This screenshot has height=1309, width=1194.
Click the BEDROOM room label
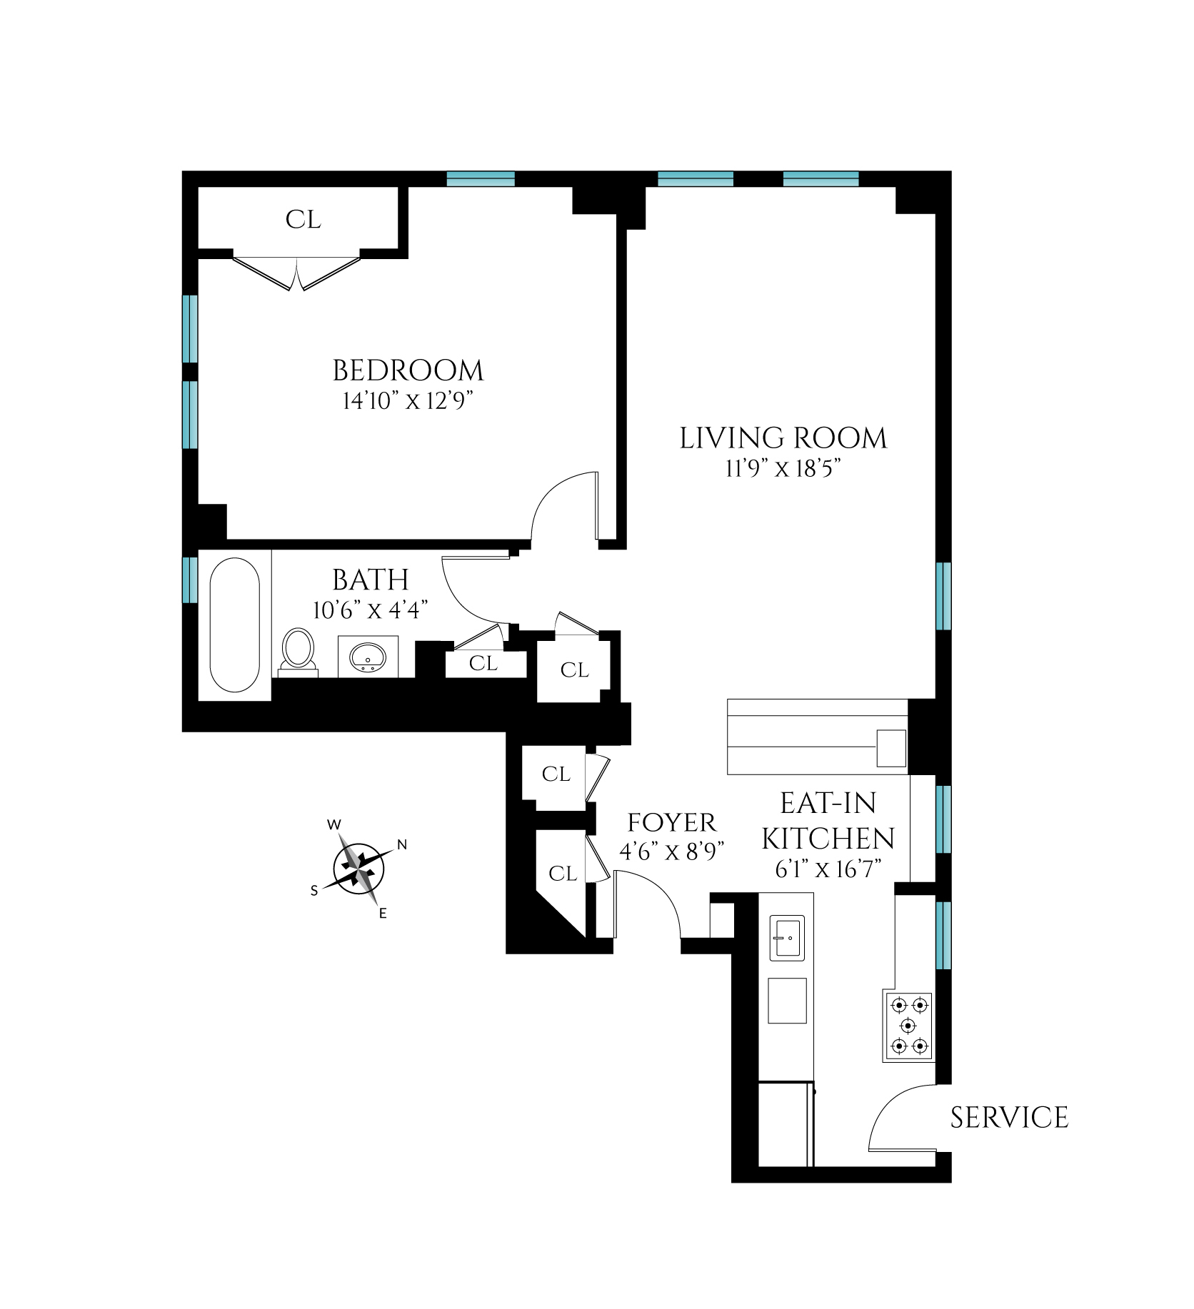pyautogui.click(x=408, y=370)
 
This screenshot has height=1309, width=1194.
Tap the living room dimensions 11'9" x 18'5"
pyautogui.click(x=783, y=468)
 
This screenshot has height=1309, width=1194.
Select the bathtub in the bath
pyautogui.click(x=234, y=625)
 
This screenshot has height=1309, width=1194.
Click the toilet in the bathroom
pyautogui.click(x=298, y=650)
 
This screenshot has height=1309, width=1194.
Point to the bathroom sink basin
pyautogui.click(x=368, y=655)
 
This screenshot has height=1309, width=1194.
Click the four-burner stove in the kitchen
pyautogui.click(x=909, y=1026)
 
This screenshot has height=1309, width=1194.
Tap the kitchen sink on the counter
pyautogui.click(x=787, y=937)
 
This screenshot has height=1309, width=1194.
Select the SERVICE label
pyautogui.click(x=1009, y=1118)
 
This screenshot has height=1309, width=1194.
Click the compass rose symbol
pyautogui.click(x=358, y=869)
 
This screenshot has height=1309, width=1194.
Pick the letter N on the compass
pyautogui.click(x=402, y=845)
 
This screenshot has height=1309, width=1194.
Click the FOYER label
pyautogui.click(x=671, y=823)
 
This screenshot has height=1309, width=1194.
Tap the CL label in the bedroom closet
pyautogui.click(x=303, y=219)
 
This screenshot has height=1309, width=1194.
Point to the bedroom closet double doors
pyautogui.click(x=297, y=273)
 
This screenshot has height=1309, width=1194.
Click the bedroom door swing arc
pyautogui.click(x=561, y=503)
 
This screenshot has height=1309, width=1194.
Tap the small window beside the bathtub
pyautogui.click(x=189, y=580)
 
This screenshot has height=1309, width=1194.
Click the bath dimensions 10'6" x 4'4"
pyautogui.click(x=370, y=610)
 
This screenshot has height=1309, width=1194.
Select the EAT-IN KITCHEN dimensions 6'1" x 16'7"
pyautogui.click(x=828, y=869)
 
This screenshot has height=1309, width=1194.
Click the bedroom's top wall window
pyautogui.click(x=481, y=178)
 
